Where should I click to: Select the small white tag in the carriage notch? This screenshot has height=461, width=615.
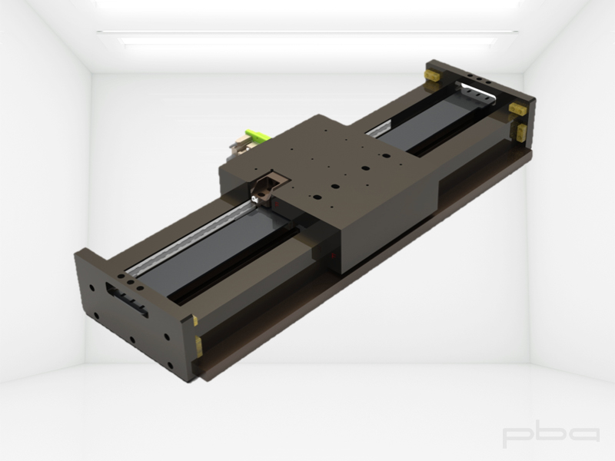(255, 200)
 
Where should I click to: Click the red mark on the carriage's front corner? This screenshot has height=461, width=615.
(333, 257)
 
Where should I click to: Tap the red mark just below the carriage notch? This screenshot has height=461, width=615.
(277, 204)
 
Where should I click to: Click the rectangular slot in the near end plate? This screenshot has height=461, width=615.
(127, 300)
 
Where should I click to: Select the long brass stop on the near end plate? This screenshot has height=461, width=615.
(198, 347)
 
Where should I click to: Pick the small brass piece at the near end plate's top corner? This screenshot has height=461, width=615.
(195, 320)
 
